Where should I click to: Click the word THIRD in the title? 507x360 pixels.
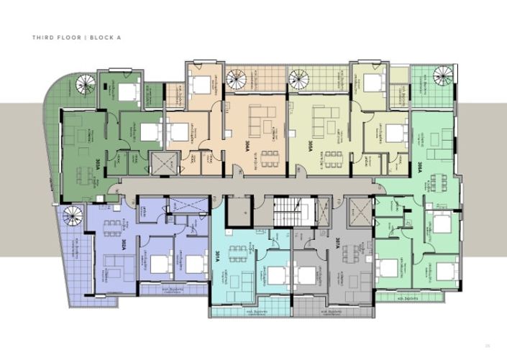click(x=44, y=37)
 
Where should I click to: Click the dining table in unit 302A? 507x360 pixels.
click(x=112, y=229)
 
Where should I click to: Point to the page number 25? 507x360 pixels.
click(x=488, y=346)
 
